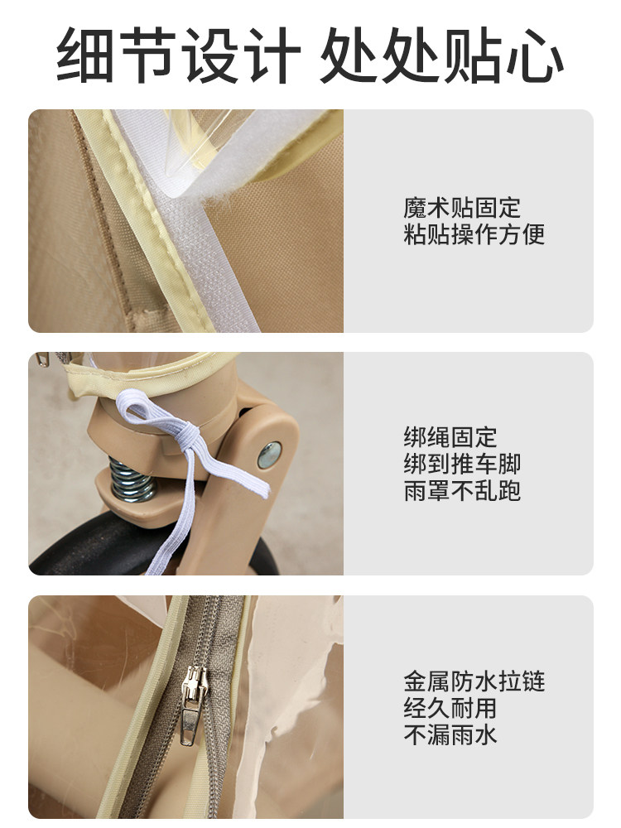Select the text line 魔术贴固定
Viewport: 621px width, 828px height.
[x=462, y=208]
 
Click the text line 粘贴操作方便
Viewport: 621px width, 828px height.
[x=474, y=234]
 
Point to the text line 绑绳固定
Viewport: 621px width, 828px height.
[x=450, y=437]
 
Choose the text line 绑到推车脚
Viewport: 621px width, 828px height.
[x=462, y=464]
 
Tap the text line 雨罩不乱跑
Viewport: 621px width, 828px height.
[x=462, y=490]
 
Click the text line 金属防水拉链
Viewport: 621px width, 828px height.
[x=474, y=681]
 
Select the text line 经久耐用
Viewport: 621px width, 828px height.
[x=450, y=708]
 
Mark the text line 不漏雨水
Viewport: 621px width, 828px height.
[x=450, y=734]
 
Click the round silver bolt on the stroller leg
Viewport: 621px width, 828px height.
[x=268, y=454]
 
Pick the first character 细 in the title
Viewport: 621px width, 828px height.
[x=87, y=56]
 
